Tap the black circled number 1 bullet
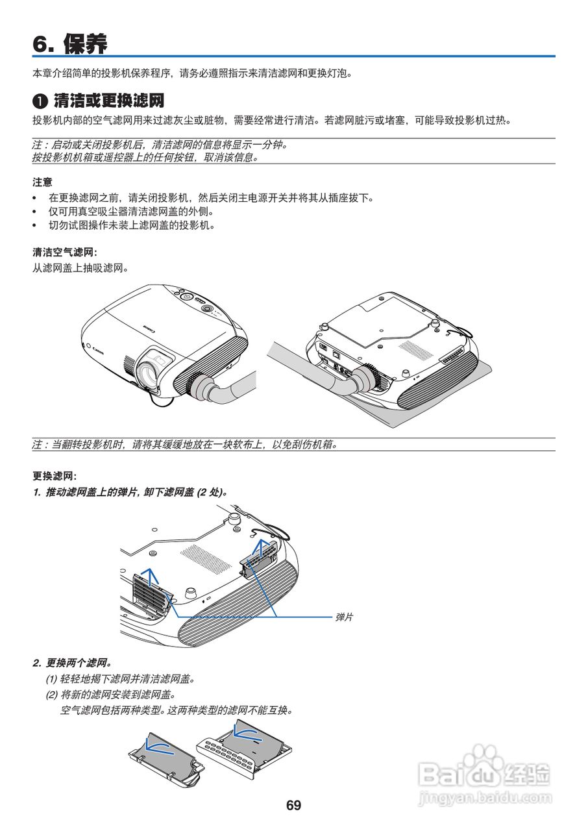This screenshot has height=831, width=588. click(x=40, y=102)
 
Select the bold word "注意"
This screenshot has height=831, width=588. click(x=43, y=182)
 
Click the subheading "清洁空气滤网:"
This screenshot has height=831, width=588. click(x=65, y=253)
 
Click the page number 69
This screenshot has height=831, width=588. click(x=293, y=806)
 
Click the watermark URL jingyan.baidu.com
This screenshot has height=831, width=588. click(x=485, y=797)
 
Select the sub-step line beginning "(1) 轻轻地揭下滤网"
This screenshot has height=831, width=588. click(x=120, y=679)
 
